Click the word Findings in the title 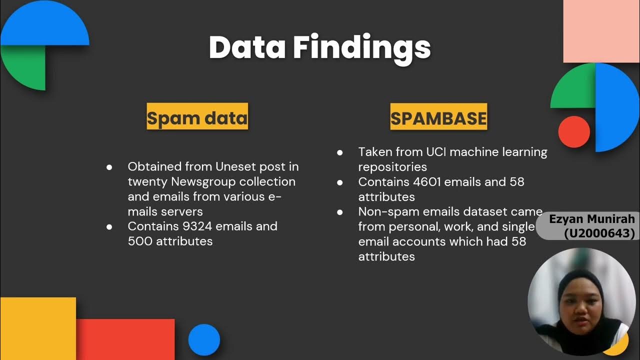pyautogui.click(x=361, y=48)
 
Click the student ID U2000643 pyautogui.click(x=599, y=233)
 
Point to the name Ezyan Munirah pyautogui.click(x=591, y=219)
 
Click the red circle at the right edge pyautogui.click(x=574, y=132)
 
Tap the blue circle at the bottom pyautogui.click(x=204, y=340)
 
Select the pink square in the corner pyautogui.click(x=601, y=31)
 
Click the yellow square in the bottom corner pyautogui.click(x=38, y=328)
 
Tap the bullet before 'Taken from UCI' pyautogui.click(x=340, y=152)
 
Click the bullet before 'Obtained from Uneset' pyautogui.click(x=109, y=167)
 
